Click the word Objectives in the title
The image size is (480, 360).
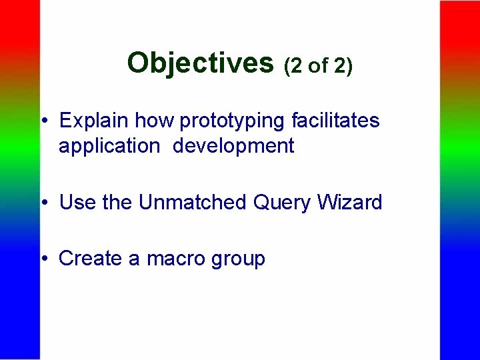tap(200, 63)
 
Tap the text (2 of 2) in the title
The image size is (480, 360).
tap(318, 66)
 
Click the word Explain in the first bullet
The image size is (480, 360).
tap(95, 121)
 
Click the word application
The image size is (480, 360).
tap(109, 147)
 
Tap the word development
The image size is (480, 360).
tap(233, 147)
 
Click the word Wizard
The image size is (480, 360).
tap(351, 202)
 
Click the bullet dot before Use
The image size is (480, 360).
tap(43, 203)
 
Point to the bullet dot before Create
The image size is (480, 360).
tap(43, 259)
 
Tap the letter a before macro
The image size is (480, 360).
tap(135, 259)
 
